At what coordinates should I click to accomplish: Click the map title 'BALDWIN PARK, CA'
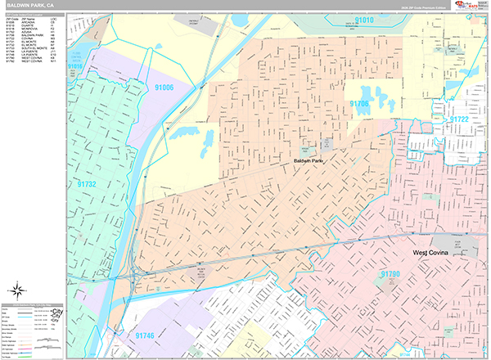coord(30,5)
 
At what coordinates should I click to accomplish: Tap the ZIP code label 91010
coord(364,19)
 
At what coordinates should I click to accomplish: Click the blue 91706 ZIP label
coord(360,104)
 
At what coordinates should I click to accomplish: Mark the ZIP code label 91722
coord(458,119)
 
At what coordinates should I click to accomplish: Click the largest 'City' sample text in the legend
coord(56,313)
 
